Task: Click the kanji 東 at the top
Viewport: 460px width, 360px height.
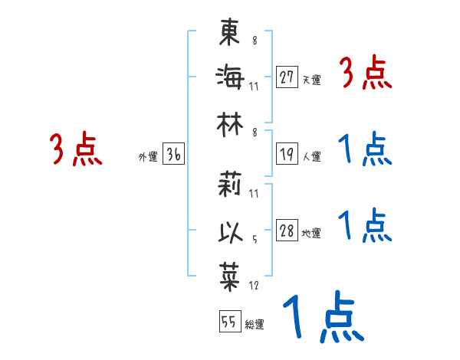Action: tap(229, 34)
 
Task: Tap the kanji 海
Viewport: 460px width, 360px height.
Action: tap(229, 77)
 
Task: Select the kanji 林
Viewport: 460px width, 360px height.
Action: tap(229, 122)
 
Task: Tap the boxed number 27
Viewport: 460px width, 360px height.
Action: tap(287, 77)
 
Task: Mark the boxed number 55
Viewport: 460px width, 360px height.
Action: tap(228, 322)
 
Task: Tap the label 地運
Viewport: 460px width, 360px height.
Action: tap(311, 234)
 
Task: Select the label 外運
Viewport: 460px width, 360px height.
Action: tap(147, 157)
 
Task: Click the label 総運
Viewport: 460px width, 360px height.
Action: tap(254, 325)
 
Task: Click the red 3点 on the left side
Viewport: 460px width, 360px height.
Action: tap(75, 150)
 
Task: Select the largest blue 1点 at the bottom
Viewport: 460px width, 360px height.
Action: tap(322, 317)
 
